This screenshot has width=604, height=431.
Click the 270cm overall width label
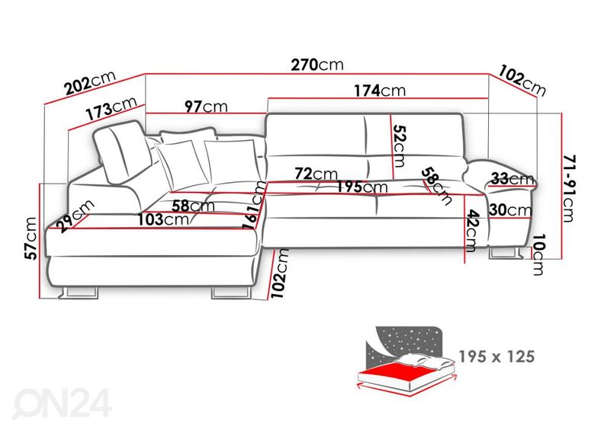pyautogui.click(x=316, y=65)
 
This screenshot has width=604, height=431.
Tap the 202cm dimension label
pyautogui.click(x=90, y=83)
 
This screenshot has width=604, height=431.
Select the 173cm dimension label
pyautogui.click(x=111, y=108)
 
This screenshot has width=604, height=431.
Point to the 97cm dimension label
pyautogui.click(x=206, y=106)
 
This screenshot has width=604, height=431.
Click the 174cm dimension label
pyautogui.click(x=380, y=91)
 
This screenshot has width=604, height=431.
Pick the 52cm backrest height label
pyautogui.click(x=400, y=146)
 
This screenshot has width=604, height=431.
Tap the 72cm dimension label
pyautogui.click(x=316, y=174)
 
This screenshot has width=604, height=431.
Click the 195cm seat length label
pyautogui.click(x=362, y=187)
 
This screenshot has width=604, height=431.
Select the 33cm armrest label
pyautogui.click(x=512, y=178)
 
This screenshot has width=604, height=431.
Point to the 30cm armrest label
pyautogui.click(x=510, y=210)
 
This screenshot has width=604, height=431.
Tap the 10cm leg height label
pyautogui.click(x=538, y=254)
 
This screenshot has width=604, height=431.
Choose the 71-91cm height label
pyautogui.click(x=569, y=188)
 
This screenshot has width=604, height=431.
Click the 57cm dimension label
pyautogui.click(x=31, y=238)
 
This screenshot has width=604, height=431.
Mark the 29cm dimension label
pyautogui.click(x=75, y=216)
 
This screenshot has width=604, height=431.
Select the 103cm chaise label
pyautogui.click(x=164, y=219)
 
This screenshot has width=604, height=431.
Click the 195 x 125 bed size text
pyautogui.click(x=497, y=357)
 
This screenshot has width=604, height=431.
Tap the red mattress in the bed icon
pyautogui.click(x=400, y=373)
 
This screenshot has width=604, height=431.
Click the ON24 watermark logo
pyautogui.click(x=63, y=403)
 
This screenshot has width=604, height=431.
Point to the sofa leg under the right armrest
pyautogui.click(x=506, y=254)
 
